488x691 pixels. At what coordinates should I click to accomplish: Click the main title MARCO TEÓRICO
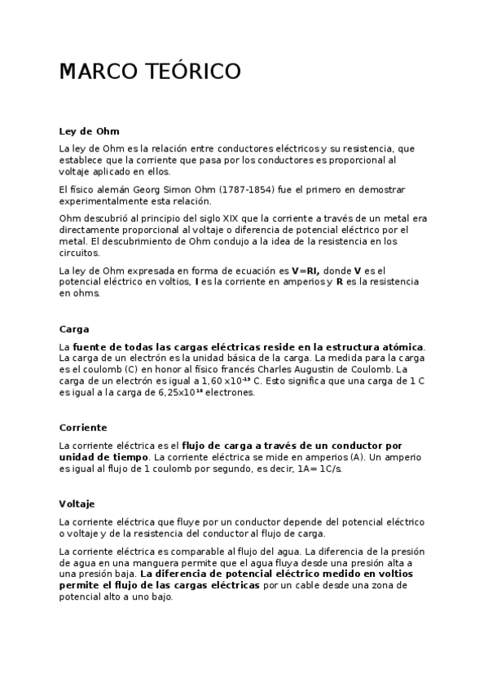[150, 73]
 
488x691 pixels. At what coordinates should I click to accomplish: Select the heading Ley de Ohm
[90, 131]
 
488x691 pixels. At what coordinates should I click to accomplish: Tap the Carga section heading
[74, 329]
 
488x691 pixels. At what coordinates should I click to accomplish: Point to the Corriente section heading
[83, 428]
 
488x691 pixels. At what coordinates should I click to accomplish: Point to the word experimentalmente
[99, 201]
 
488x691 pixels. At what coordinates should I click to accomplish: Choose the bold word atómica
[402, 347]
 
